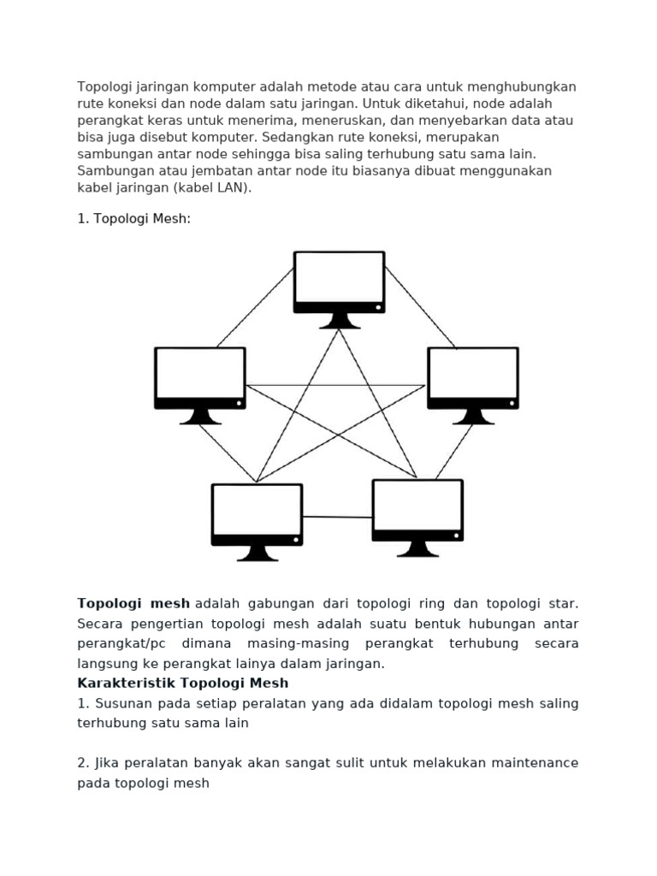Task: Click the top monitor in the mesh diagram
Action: (339, 282)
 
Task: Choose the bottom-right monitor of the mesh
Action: (417, 510)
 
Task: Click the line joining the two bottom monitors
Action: (337, 517)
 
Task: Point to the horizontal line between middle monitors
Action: (335, 385)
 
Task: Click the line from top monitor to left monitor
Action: (255, 308)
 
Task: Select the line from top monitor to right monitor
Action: (420, 308)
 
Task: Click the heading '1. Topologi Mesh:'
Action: (134, 219)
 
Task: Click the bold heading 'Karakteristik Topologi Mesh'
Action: (183, 683)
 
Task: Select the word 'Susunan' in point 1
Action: (121, 703)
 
